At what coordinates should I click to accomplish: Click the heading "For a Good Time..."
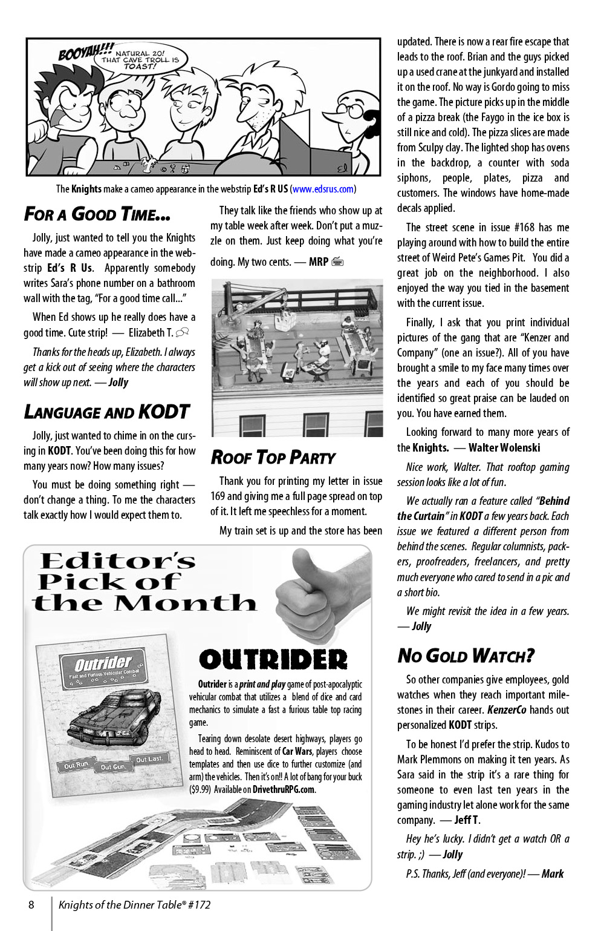click(97, 214)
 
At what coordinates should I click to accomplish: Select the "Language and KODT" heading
click(106, 412)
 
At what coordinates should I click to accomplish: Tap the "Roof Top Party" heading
click(273, 458)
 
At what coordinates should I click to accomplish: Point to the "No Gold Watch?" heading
click(466, 656)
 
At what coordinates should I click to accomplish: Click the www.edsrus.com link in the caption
click(323, 189)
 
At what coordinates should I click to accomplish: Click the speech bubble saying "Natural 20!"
click(140, 59)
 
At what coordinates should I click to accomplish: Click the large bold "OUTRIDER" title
click(273, 660)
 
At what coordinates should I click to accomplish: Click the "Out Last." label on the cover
click(149, 759)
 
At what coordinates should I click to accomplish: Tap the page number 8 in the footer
click(31, 905)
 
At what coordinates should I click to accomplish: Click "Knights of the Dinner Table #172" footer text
click(134, 905)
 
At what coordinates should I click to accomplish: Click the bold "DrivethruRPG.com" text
click(283, 789)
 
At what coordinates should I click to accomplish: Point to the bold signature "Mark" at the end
click(552, 873)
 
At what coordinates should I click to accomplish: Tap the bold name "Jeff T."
click(467, 820)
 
